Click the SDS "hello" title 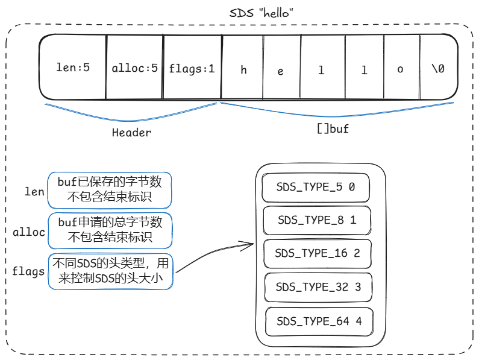(x=261, y=13)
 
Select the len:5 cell (x=73, y=68)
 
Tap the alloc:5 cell (x=134, y=68)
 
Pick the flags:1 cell (x=192, y=68)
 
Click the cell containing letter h (x=242, y=68)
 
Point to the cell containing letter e (x=281, y=68)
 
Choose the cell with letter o (x=402, y=68)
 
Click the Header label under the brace (x=131, y=133)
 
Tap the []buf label (x=333, y=128)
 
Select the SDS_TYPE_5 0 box (x=316, y=188)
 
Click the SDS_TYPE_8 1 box (x=317, y=220)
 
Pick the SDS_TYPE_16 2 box (x=318, y=253)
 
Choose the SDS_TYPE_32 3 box (x=318, y=287)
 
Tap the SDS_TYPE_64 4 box (x=319, y=321)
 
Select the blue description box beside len (x=110, y=190)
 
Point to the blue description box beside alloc (x=110, y=230)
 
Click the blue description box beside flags (x=111, y=271)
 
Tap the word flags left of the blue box (x=28, y=271)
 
